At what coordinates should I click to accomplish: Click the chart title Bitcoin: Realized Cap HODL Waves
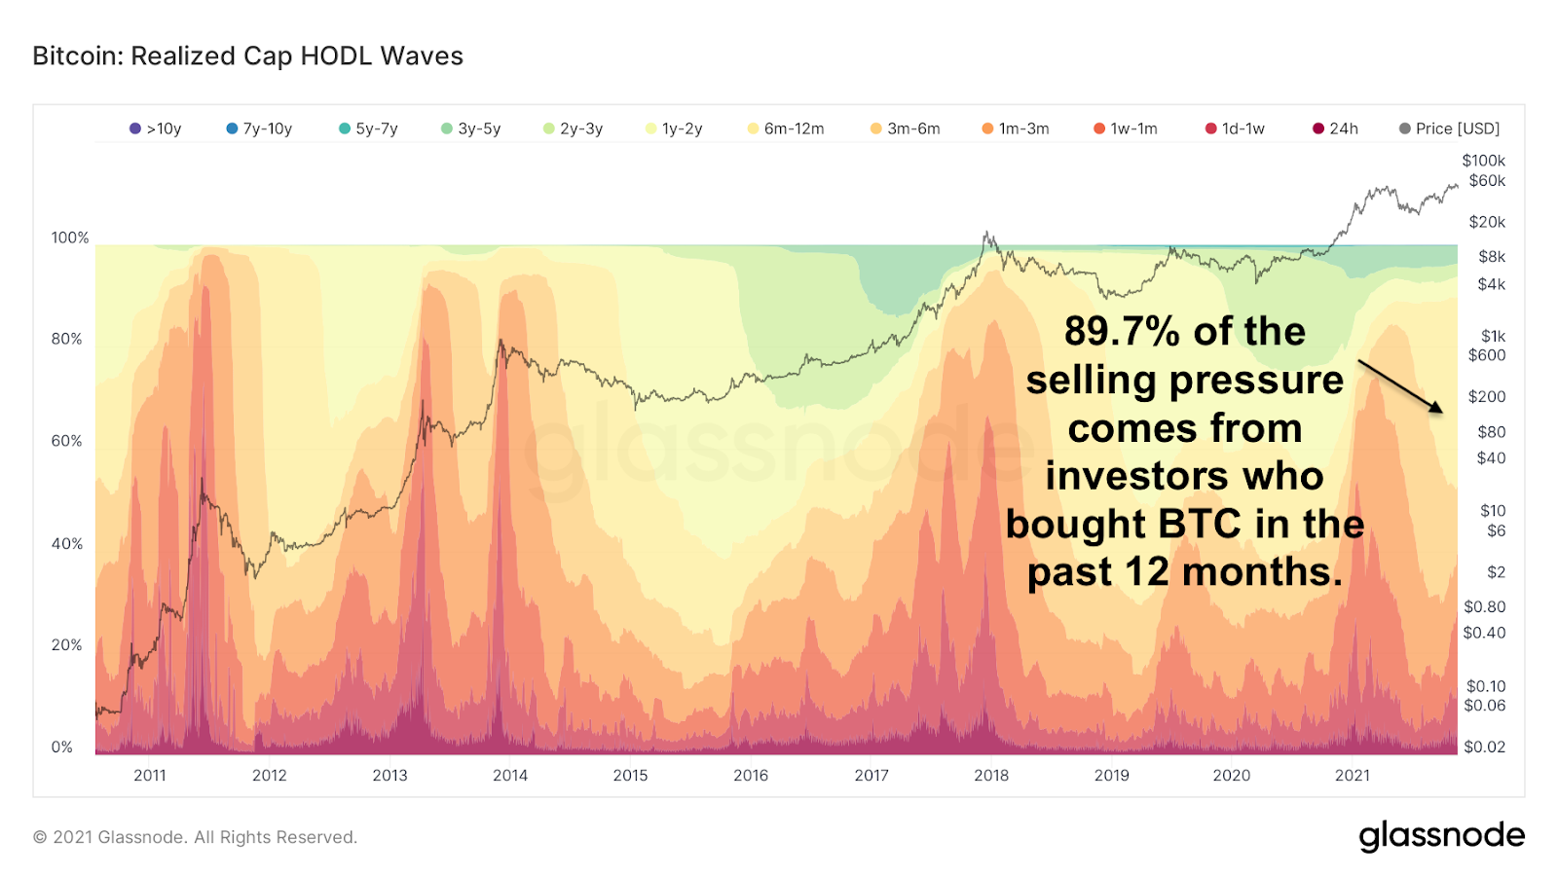click(247, 56)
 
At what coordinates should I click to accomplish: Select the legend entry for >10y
click(156, 128)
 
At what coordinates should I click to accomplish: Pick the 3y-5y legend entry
click(471, 128)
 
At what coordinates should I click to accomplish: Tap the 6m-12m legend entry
click(786, 128)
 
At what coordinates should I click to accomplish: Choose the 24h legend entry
click(1336, 128)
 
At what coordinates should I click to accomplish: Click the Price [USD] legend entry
click(1450, 128)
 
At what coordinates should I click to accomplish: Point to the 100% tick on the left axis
click(70, 237)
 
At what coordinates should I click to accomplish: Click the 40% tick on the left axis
click(67, 544)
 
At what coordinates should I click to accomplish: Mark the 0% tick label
click(62, 748)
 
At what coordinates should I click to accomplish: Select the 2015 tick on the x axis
click(630, 776)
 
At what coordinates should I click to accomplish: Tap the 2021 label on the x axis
click(1352, 776)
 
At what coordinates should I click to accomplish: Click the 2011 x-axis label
click(150, 776)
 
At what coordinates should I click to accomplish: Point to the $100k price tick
click(1483, 161)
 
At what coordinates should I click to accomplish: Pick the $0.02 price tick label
click(1484, 748)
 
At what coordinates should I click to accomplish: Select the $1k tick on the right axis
click(1493, 337)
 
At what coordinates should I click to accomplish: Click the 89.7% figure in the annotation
click(1122, 332)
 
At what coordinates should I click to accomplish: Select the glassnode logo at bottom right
click(1441, 836)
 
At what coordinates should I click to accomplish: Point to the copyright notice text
click(195, 837)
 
